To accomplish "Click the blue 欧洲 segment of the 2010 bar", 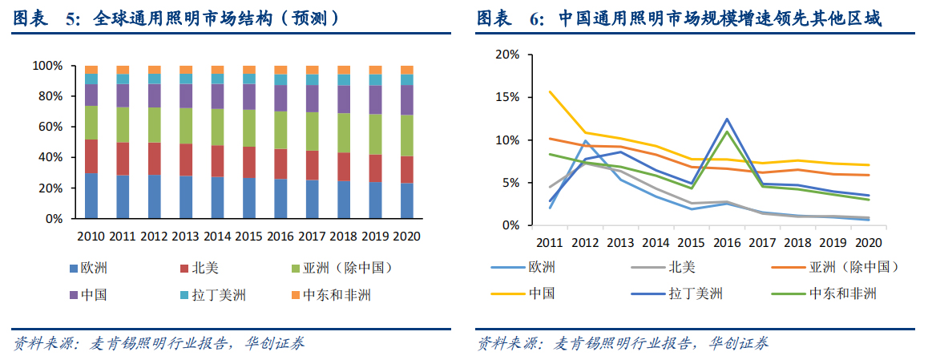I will (x=91, y=196).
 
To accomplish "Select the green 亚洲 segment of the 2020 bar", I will (x=407, y=136).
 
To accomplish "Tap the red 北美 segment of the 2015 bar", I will (x=249, y=162).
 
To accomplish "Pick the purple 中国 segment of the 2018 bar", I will (x=344, y=99).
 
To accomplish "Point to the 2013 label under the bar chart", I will (x=186, y=237).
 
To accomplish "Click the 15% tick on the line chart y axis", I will (x=507, y=97).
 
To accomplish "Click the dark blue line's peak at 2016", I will (x=727, y=119).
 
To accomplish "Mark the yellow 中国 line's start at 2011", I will (x=549, y=91).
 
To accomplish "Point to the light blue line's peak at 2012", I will (x=585, y=141).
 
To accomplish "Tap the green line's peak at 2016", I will (x=727, y=131).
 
